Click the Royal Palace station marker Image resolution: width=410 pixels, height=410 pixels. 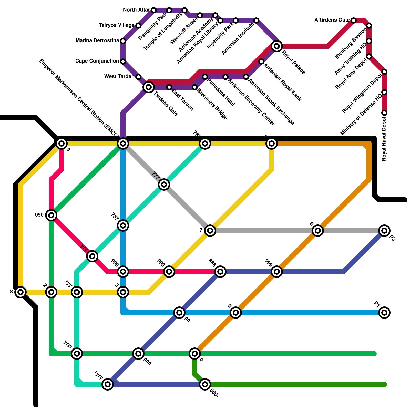pos(277,46)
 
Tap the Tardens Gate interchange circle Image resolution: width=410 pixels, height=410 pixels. pos(149,87)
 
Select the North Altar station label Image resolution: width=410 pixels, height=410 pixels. pos(136,10)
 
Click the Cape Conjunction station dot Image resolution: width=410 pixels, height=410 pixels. pos(123,61)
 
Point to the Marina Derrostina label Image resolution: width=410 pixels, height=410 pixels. pos(97,41)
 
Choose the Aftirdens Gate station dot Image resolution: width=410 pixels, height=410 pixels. pos(354,20)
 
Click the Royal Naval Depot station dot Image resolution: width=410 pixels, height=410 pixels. pos(384,113)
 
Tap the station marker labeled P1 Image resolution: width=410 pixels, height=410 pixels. pos(384,312)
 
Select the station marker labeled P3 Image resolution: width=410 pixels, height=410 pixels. pos(384,231)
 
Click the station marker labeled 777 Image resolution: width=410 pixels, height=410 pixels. pos(164,184)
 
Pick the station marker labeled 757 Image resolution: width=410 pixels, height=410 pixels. pos(123,225)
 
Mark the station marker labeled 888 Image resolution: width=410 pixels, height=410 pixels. pos(220,272)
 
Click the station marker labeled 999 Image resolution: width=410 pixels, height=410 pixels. pos(277,272)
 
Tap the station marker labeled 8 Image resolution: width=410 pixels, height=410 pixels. pos(20,292)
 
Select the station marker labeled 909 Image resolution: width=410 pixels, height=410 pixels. pos(123,272)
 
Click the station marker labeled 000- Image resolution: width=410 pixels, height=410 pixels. pos(205,384)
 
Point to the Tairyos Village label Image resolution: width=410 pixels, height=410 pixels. pos(117,25)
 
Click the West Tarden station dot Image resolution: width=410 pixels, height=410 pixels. pos(138,77)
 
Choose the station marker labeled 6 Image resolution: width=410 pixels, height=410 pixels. pos(318,231)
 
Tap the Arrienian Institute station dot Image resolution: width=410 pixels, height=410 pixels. pos(256,20)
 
